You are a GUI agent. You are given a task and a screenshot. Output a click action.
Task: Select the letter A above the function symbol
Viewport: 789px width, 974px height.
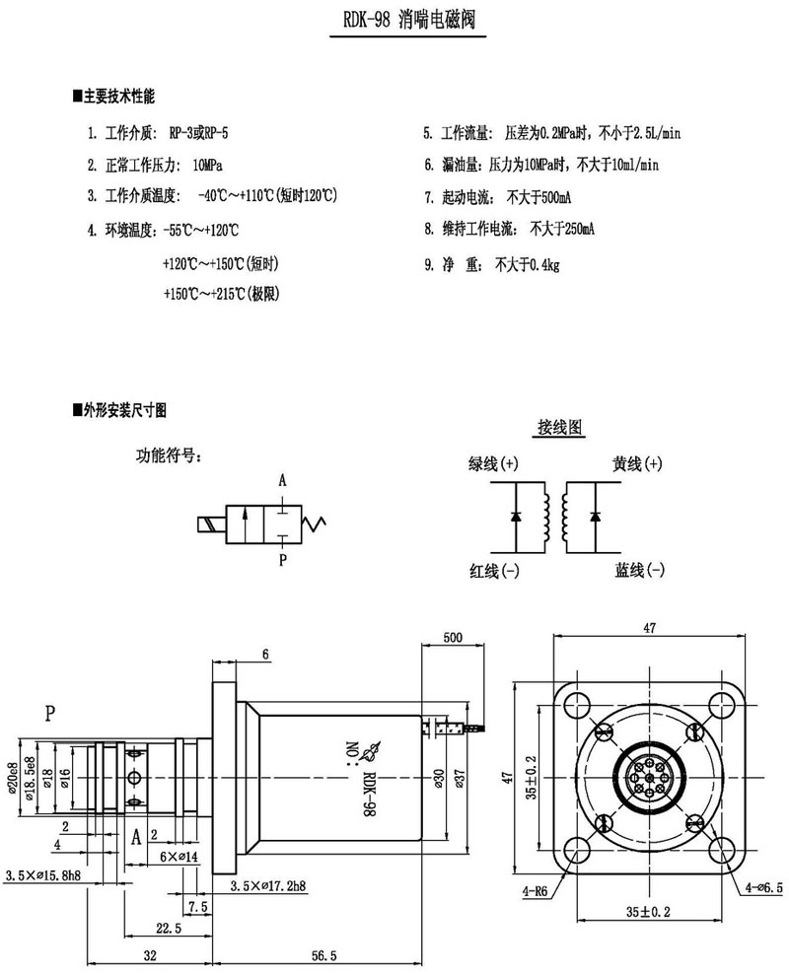pos(282,481)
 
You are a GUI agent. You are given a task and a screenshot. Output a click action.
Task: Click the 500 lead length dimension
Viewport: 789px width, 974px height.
pos(452,638)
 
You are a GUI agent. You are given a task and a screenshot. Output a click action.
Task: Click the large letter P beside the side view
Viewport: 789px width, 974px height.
pos(49,711)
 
